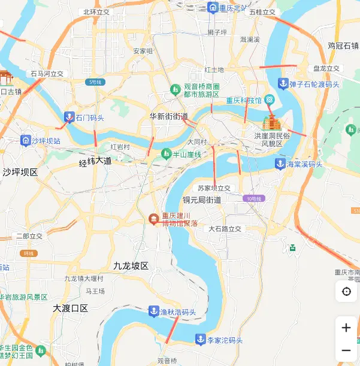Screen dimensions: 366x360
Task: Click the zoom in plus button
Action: tap(346, 328)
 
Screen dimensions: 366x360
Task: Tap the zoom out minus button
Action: tap(346, 350)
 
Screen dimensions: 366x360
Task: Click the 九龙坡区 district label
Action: tap(131, 265)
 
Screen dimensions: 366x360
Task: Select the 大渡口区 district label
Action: tap(70, 308)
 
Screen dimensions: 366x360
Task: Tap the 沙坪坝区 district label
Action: tap(20, 172)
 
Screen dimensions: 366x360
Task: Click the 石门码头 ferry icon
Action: tap(69, 117)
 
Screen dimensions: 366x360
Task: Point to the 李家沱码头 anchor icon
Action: tap(200, 340)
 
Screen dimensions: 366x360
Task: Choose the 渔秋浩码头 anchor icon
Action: tap(153, 311)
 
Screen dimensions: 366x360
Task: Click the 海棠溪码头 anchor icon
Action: tap(279, 164)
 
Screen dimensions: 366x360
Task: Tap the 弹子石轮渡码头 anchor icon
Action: tap(283, 84)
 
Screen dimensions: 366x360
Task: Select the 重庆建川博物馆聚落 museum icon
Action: tap(154, 219)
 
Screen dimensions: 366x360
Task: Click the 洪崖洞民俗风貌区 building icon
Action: tap(271, 123)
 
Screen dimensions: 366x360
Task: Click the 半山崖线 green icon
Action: tap(167, 154)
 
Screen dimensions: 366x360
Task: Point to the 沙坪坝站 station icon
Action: tap(25, 141)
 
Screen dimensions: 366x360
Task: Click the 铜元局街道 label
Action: tap(202, 200)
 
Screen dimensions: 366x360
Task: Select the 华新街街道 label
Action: tap(169, 116)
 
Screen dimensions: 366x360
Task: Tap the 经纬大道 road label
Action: tap(96, 162)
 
